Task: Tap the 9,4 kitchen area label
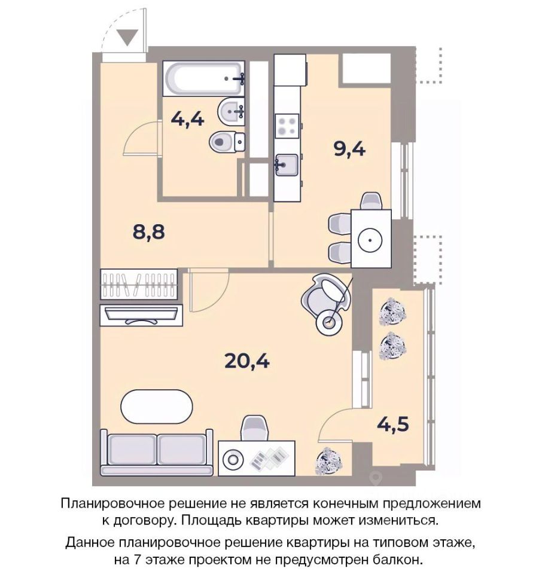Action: (350, 149)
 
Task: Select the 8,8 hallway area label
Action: (149, 232)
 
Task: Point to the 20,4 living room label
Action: (247, 361)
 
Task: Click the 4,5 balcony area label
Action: (393, 425)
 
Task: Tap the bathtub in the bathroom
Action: (203, 79)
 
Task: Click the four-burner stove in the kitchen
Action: (287, 126)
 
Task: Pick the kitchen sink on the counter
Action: (287, 165)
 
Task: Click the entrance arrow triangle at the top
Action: (127, 37)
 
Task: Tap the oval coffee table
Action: (157, 407)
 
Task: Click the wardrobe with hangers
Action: (139, 285)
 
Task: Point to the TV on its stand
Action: (141, 315)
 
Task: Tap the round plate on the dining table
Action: (370, 240)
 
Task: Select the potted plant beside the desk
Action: (328, 461)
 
